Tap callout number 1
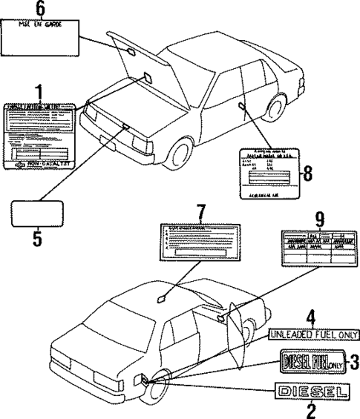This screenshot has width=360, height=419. coord(39,93)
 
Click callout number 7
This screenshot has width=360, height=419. coord(199,213)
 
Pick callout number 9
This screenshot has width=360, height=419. coord(319,219)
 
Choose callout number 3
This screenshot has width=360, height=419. coord(354,363)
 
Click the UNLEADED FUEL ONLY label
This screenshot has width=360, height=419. coord(312,335)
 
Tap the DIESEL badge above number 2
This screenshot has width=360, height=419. coord(310,391)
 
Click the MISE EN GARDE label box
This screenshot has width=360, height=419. coord(41,37)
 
